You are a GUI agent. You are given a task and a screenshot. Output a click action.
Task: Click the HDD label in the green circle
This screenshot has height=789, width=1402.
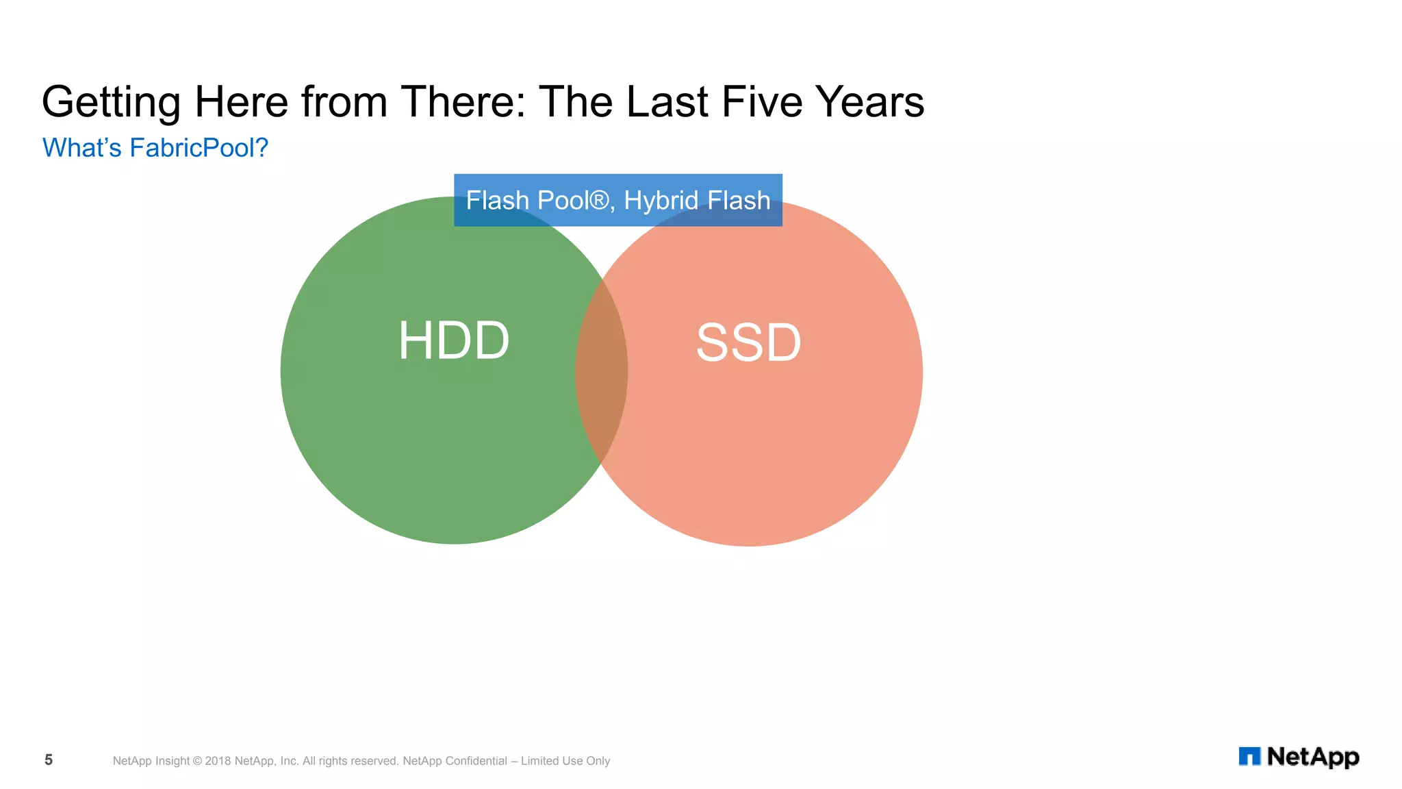(454, 340)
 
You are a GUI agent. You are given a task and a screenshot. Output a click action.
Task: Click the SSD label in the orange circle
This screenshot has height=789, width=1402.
(748, 342)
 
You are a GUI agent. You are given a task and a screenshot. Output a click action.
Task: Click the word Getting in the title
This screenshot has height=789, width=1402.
(111, 103)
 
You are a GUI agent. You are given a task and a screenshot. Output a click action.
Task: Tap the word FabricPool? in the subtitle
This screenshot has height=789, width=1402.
(199, 148)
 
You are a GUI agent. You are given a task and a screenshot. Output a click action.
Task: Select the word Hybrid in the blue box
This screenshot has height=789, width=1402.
(661, 201)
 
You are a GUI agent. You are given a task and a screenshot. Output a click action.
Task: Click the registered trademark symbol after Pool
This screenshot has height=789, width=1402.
(599, 200)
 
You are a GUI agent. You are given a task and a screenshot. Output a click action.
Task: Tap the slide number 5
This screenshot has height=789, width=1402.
(49, 760)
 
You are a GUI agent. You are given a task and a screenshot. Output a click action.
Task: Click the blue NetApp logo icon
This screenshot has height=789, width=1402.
(1249, 756)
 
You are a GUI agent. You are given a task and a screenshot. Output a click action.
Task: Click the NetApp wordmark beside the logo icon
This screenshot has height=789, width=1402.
(1312, 757)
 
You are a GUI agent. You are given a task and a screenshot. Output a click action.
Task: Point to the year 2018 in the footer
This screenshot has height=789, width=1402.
(218, 761)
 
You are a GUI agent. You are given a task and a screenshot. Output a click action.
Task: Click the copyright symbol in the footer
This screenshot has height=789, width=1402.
(197, 761)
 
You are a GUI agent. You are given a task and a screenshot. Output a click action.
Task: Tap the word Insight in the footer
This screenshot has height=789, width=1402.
(173, 761)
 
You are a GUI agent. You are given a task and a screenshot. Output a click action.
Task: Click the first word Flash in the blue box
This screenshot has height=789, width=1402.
(498, 201)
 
